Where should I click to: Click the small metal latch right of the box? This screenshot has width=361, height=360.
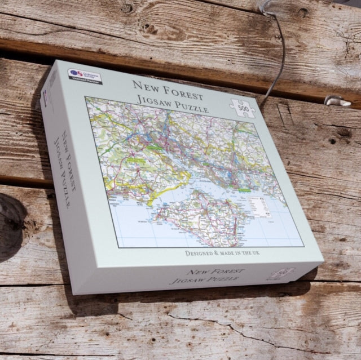point(337,101)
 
